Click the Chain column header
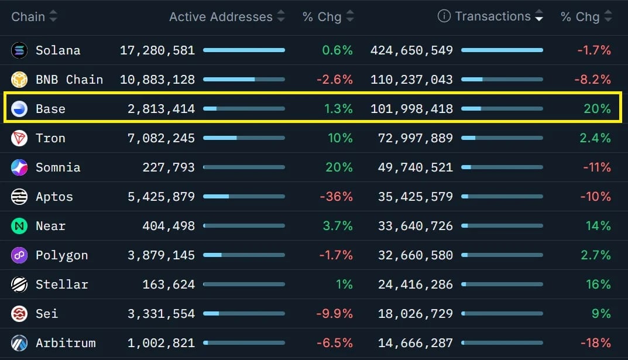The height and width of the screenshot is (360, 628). coord(28,17)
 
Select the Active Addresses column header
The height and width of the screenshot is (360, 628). coord(221,17)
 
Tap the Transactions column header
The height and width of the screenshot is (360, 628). coord(493,16)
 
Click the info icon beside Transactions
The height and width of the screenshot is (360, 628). coord(444,16)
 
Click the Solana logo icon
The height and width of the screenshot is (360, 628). coord(19,50)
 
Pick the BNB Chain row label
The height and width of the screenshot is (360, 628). coord(69,80)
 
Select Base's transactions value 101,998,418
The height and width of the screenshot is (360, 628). coord(411,109)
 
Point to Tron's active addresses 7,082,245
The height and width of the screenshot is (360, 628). coord(161,138)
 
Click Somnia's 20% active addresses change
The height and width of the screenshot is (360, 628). coord(339,167)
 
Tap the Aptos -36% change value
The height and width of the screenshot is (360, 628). coord(336,197)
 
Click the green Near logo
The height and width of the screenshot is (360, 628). coord(19,226)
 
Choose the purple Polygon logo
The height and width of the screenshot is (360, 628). coord(19,255)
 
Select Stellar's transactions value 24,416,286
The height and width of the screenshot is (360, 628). coord(416,284)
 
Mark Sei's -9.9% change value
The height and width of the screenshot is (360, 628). coord(334,314)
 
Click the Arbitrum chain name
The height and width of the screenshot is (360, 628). coord(66,343)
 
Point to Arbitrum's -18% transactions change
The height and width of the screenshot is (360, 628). coord(596,343)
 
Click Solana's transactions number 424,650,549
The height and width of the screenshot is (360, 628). coord(411,50)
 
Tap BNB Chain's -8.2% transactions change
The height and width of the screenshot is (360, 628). coord(593,80)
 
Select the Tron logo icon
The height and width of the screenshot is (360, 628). coord(19,138)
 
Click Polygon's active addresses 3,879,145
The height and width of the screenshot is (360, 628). coord(161,255)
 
